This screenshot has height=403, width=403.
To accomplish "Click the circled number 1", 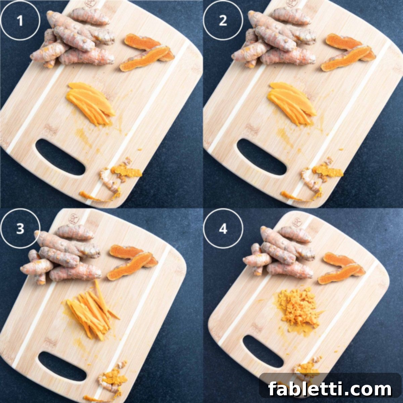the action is [x=20, y=21].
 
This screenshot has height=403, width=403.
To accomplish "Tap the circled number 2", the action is [x=223, y=21].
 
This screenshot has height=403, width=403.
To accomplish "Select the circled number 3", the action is [x=20, y=229].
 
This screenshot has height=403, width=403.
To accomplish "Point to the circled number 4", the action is [x=223, y=229].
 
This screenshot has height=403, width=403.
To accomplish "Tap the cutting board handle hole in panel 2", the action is [x=262, y=157].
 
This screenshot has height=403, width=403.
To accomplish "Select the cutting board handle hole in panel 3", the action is [x=62, y=348].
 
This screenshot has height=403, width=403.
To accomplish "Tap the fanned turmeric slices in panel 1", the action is [x=90, y=103].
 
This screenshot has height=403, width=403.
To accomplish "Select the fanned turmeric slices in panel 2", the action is [x=292, y=103].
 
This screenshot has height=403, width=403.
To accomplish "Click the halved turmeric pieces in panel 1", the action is [x=146, y=52].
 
